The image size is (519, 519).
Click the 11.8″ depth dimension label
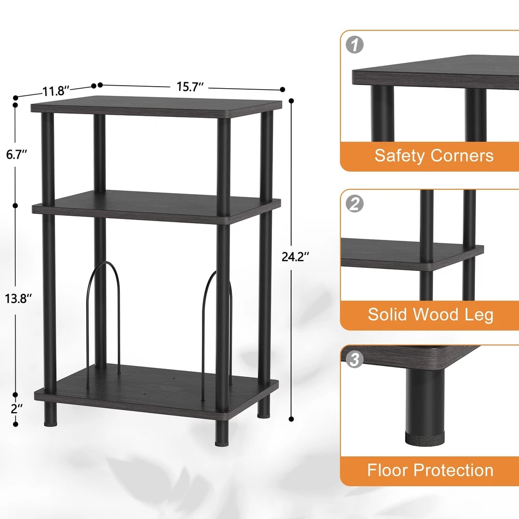(56, 91)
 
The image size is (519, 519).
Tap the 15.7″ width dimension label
(189, 87)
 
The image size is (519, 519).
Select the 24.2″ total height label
(295, 256)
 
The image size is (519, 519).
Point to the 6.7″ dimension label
(16, 154)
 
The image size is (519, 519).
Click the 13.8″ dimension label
(18, 298)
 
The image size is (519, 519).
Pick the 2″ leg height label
(17, 409)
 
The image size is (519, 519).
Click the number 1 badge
(354, 45)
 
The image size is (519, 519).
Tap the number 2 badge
(354, 203)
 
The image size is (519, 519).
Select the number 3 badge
(354, 359)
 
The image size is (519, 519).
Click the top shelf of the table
(157, 106)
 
